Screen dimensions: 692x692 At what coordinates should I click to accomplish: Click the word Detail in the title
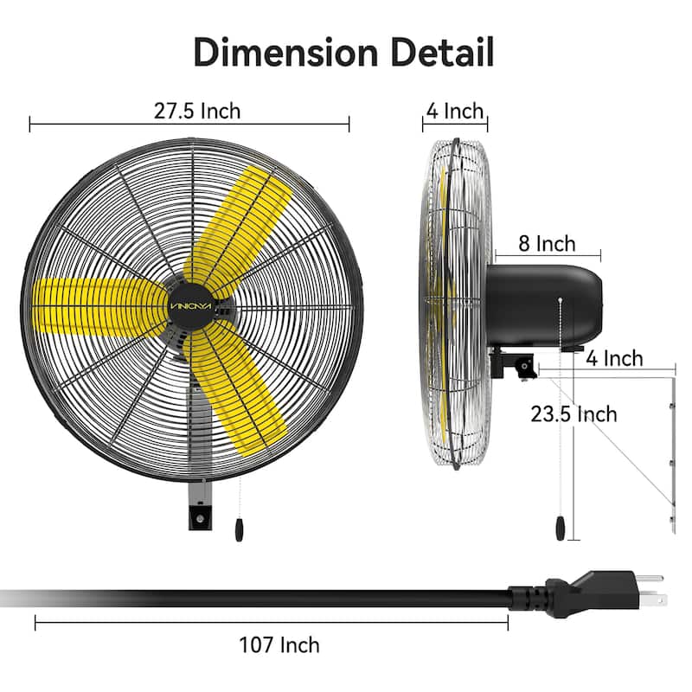pos(441,52)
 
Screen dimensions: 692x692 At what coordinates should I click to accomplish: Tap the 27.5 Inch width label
pos(197,111)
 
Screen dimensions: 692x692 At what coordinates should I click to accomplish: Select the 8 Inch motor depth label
pos(547,243)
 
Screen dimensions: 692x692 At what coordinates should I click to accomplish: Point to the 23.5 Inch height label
pos(574,413)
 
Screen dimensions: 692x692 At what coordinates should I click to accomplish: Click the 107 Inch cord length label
pos(279,644)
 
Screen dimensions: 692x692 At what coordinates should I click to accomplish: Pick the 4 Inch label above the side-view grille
pos(453,111)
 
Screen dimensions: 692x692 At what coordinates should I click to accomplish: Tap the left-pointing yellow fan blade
pos(91,307)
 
